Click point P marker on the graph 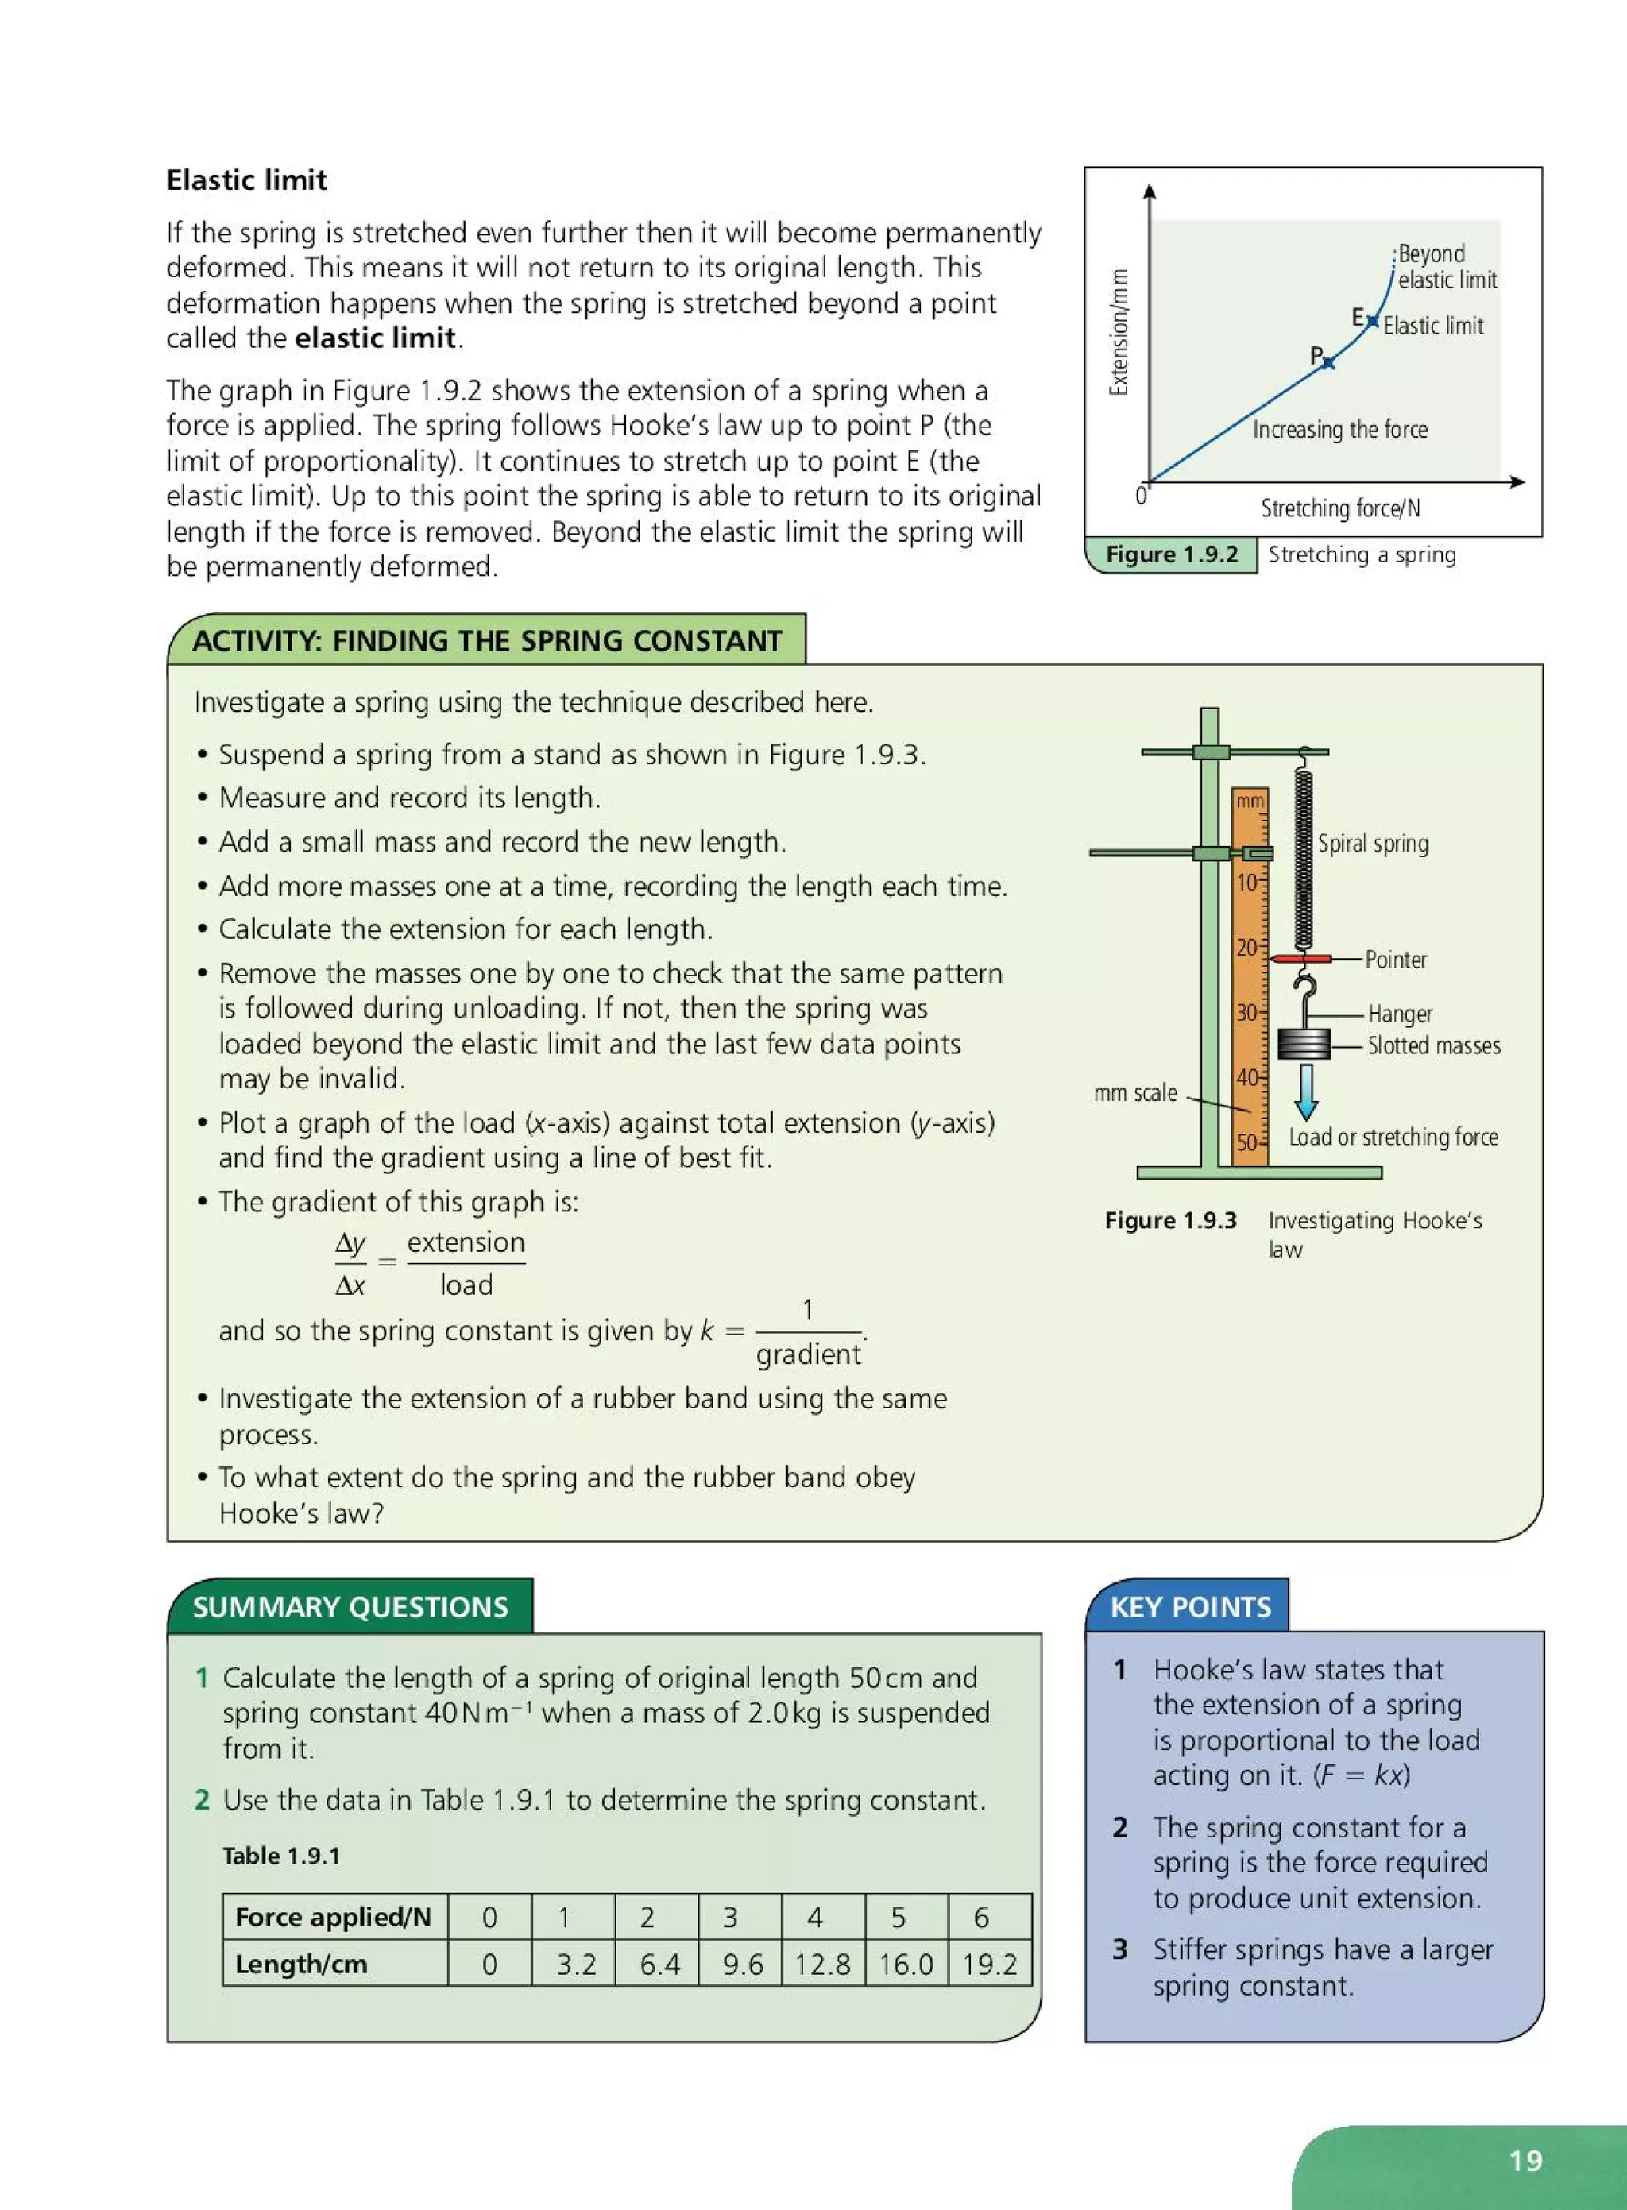coord(1327,363)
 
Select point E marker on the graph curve coord(1373,321)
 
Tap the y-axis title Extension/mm coord(1119,332)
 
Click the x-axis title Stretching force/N coord(1340,508)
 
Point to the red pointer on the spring coord(1300,958)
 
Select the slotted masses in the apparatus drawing coord(1304,1043)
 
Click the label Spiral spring coord(1373,843)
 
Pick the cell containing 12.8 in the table coord(822,1964)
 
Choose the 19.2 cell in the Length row coord(989,1964)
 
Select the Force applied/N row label coord(334,1917)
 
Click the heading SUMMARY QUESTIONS coord(350,1607)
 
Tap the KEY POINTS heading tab coord(1190,1607)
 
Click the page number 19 coord(1525,2161)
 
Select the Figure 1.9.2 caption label coord(1171,554)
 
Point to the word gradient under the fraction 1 coord(808,1355)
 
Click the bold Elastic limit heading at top coord(246,180)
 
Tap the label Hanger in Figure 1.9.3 coord(1400,1014)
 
